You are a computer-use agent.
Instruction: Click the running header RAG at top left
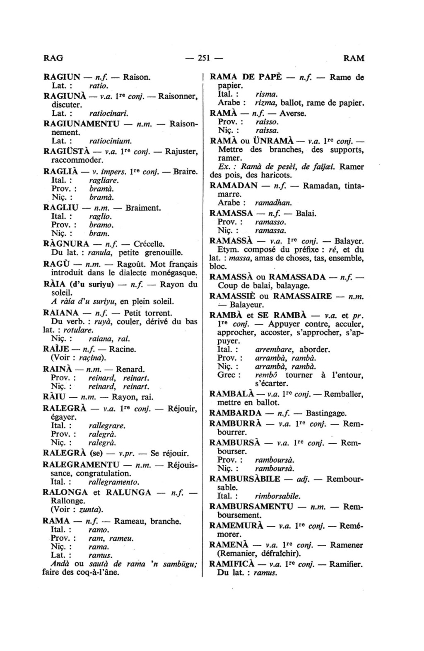coord(53,58)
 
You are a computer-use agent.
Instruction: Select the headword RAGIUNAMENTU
coord(82,124)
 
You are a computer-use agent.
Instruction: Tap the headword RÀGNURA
coord(66,243)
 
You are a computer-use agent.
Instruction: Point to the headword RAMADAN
coord(234,185)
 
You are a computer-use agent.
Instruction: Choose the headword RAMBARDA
coord(235,413)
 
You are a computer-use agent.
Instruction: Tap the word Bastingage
coord(326,413)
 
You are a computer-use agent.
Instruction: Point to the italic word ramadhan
coord(273,203)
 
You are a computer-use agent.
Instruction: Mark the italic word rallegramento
coord(114,482)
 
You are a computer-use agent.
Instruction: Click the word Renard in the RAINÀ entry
coord(130,369)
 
